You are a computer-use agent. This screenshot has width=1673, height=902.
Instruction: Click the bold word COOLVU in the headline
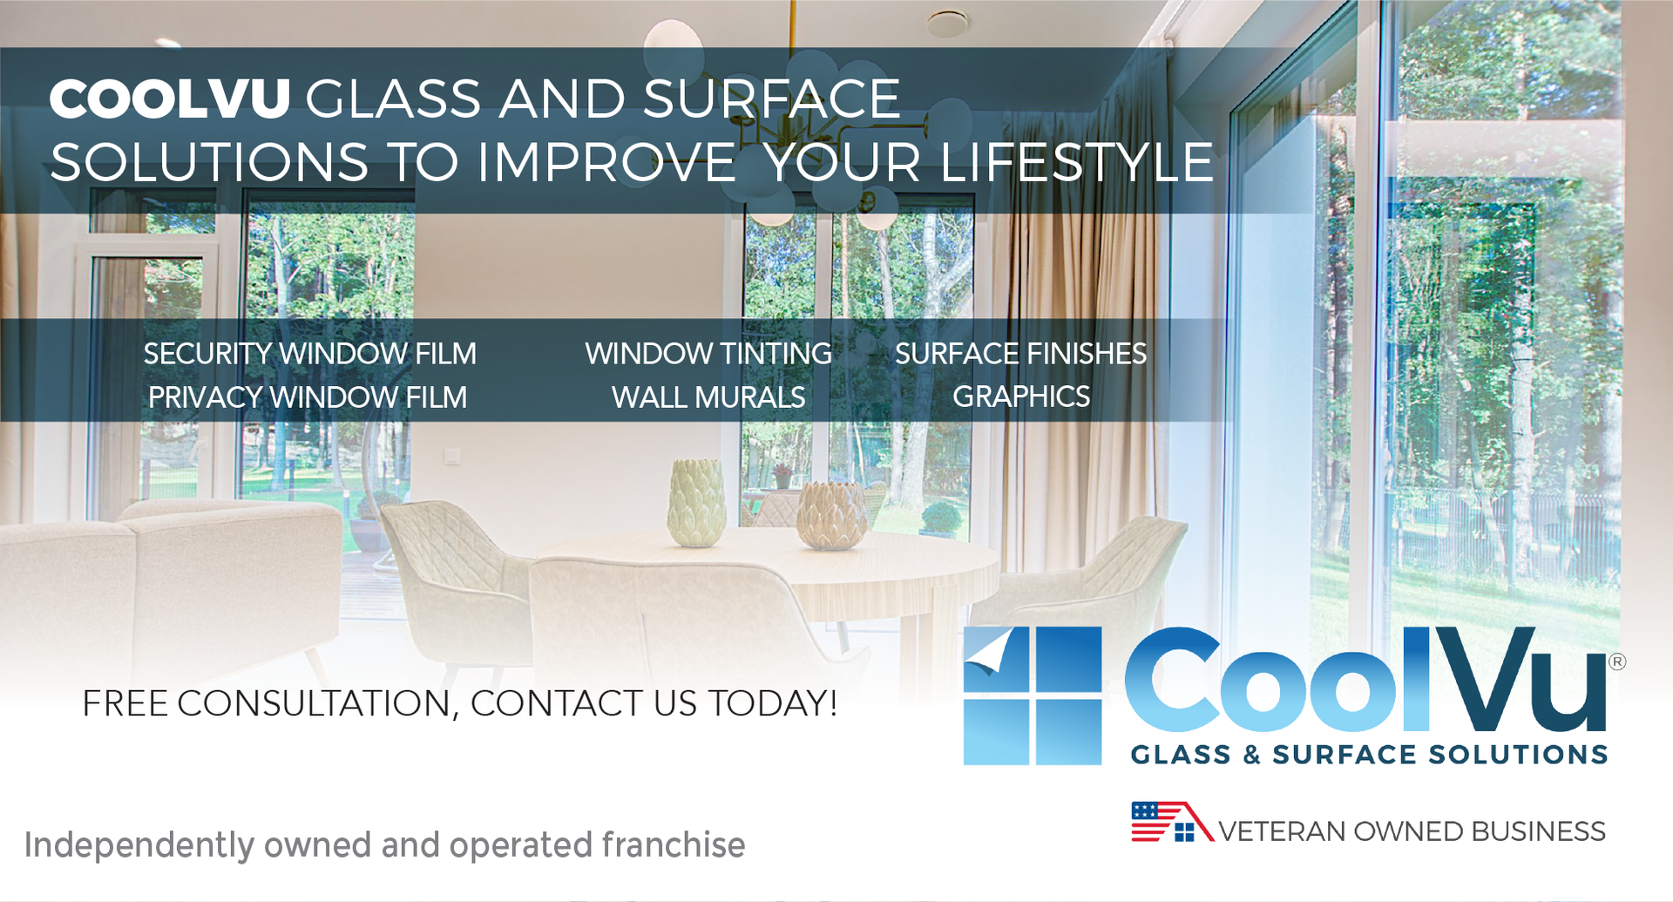point(170,98)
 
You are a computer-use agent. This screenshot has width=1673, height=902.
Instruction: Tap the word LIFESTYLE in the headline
point(1077,162)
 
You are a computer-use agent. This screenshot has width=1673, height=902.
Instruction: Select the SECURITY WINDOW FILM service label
point(310,354)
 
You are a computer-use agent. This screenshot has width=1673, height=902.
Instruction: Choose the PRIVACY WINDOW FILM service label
point(308,397)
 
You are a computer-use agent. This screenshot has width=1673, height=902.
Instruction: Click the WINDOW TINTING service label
point(708,354)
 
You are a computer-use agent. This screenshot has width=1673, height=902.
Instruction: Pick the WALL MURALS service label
point(708,397)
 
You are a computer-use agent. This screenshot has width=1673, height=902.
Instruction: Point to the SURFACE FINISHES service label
point(1021,354)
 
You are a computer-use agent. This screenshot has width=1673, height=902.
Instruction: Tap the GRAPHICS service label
point(1021,397)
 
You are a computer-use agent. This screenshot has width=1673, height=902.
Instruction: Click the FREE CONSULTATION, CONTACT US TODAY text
point(460,704)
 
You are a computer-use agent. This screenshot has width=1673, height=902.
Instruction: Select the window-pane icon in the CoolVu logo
point(1033,695)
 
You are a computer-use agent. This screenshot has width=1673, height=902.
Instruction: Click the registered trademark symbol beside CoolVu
point(1617,661)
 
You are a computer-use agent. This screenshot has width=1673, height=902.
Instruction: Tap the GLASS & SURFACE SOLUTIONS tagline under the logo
point(1369,755)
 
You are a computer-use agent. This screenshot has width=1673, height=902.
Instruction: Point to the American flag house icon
point(1172,822)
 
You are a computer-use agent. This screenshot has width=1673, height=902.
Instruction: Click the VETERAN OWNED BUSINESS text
point(1412,831)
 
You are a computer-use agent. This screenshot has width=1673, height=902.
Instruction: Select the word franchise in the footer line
point(674,844)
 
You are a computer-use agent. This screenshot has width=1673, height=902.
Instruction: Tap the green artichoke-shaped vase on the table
point(696,503)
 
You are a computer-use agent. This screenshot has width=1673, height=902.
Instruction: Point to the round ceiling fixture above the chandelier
point(947,24)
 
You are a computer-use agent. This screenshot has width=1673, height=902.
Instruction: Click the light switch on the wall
point(451,456)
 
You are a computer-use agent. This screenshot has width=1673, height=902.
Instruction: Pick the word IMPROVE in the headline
point(606,162)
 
